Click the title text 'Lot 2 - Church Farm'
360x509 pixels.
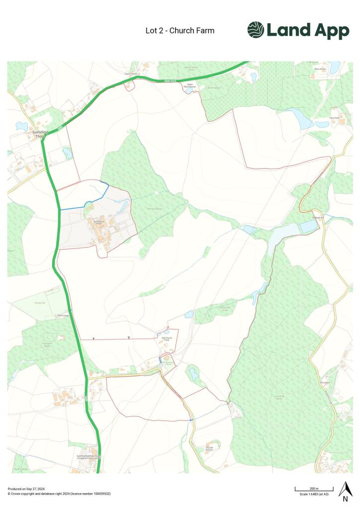[180, 31]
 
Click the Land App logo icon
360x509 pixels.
[256, 30]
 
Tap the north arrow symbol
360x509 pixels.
[345, 490]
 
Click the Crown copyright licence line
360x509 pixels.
[59, 494]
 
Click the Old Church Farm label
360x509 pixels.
[167, 339]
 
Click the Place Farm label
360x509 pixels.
[334, 118]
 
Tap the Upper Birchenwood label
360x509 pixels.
[189, 86]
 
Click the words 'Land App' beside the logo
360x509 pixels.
[308, 31]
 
